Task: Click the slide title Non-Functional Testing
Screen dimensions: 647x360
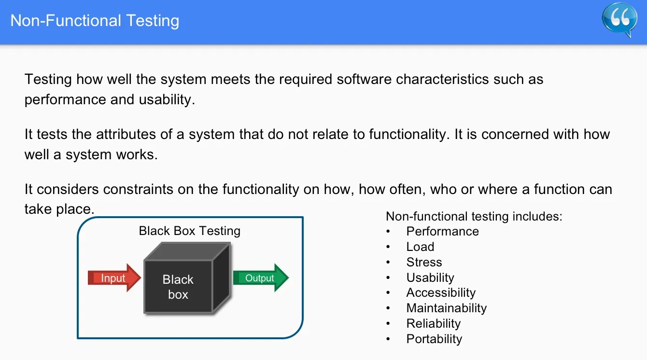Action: click(x=95, y=21)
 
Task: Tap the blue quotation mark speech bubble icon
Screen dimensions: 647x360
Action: click(x=619, y=19)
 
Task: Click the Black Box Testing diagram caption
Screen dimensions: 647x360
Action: click(x=189, y=231)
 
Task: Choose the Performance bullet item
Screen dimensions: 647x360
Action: click(x=442, y=231)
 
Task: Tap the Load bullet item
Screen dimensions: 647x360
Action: click(x=420, y=247)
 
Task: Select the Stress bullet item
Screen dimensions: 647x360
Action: click(x=424, y=262)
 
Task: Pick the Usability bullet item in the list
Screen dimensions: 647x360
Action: click(x=430, y=277)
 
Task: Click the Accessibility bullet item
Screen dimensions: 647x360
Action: click(x=441, y=293)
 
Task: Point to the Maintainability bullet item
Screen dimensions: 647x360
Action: click(x=446, y=308)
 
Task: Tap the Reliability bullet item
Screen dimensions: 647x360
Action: click(x=433, y=323)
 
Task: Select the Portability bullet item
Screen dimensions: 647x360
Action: click(x=434, y=339)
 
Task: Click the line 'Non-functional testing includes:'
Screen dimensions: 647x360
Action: click(x=474, y=216)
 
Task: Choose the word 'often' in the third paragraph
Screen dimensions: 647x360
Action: click(x=406, y=189)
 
